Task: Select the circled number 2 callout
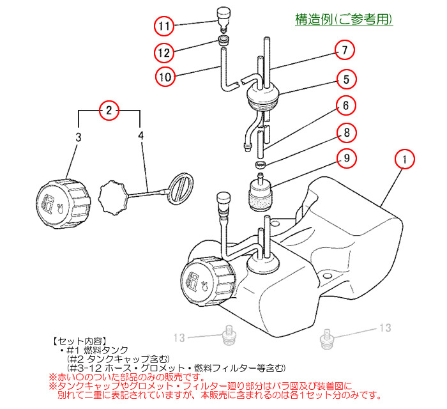click(109, 110)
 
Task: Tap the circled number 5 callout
click(345, 80)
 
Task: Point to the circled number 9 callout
click(345, 157)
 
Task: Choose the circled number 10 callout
click(165, 77)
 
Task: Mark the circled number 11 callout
click(165, 26)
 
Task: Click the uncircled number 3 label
click(78, 136)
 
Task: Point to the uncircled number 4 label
click(140, 136)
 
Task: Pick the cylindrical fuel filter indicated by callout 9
click(261, 194)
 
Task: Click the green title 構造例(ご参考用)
click(344, 20)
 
